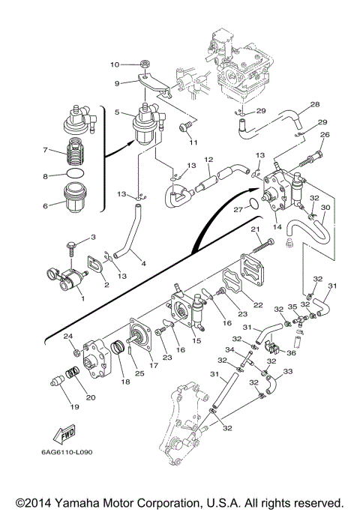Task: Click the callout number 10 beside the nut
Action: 115,64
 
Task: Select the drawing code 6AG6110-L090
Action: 67,452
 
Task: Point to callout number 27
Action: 238,209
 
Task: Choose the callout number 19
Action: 75,407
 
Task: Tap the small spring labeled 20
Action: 73,373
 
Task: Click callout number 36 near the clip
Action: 291,353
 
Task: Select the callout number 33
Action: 288,371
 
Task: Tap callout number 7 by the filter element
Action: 45,150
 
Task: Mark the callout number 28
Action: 315,104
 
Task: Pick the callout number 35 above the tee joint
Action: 292,307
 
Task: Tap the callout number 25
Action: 139,373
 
